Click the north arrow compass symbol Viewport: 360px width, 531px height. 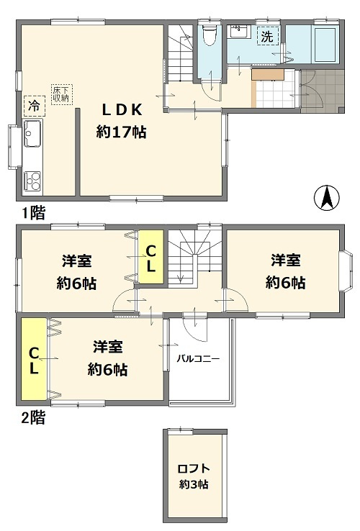coord(326,197)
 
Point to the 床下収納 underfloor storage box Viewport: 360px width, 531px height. coord(60,93)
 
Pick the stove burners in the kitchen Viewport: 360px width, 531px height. coord(33,180)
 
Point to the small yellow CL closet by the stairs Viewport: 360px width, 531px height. coord(151,258)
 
